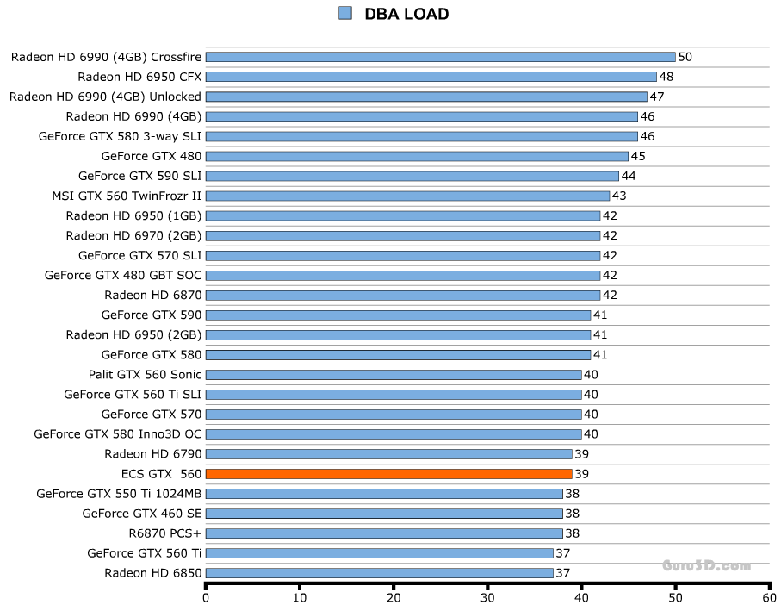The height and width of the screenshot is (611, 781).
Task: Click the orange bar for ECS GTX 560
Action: click(x=388, y=474)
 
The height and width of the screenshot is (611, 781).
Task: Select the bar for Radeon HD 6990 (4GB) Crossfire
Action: click(x=440, y=57)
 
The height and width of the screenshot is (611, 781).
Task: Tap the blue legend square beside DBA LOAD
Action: click(x=345, y=13)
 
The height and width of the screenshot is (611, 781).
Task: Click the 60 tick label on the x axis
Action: click(x=769, y=596)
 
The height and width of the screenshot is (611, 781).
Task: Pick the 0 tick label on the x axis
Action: click(x=206, y=596)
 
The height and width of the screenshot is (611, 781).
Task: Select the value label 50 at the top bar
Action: click(x=685, y=57)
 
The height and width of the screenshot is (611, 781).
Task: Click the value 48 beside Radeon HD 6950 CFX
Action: click(x=666, y=77)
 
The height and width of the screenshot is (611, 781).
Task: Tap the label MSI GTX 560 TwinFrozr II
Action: click(x=127, y=196)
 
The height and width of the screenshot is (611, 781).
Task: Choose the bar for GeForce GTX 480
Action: click(x=417, y=156)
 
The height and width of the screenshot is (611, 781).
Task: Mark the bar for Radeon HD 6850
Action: click(x=379, y=573)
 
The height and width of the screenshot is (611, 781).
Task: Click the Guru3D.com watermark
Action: click(x=707, y=566)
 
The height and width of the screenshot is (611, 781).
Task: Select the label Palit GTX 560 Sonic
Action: click(x=145, y=374)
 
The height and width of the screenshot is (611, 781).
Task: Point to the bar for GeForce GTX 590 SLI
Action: click(x=412, y=176)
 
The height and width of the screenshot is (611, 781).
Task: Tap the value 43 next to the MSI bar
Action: click(x=619, y=196)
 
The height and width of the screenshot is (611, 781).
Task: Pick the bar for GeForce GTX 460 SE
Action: click(x=384, y=514)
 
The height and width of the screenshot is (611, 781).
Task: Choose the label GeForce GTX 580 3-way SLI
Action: click(x=120, y=136)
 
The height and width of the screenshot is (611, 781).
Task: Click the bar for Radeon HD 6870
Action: click(x=403, y=295)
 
